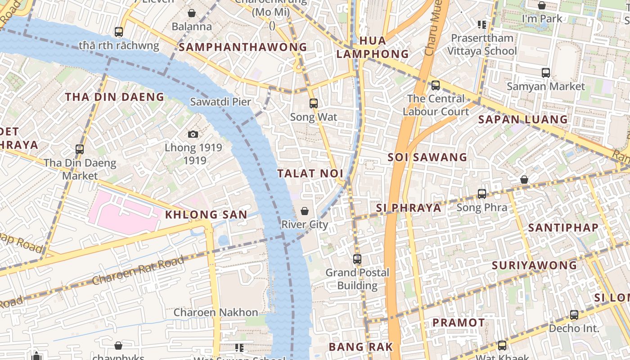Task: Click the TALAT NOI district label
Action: click(x=310, y=173)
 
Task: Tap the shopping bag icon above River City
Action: click(x=305, y=211)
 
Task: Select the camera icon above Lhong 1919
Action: click(x=193, y=134)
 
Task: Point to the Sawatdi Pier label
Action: click(x=220, y=102)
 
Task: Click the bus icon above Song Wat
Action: click(x=314, y=103)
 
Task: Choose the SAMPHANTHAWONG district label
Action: click(x=243, y=47)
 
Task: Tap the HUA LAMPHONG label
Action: click(x=373, y=47)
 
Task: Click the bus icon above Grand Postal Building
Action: click(x=357, y=259)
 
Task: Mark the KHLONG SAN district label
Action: click(x=206, y=215)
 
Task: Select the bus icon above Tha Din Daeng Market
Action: click(x=80, y=149)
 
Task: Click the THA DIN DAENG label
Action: click(x=115, y=97)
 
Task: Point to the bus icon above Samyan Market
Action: click(x=546, y=72)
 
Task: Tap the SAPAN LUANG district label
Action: click(x=523, y=119)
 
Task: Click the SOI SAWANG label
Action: click(x=427, y=157)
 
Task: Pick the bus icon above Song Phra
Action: click(x=482, y=194)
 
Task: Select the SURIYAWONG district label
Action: click(x=534, y=265)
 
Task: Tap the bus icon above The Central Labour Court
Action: click(x=436, y=85)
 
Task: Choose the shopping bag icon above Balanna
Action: click(x=192, y=13)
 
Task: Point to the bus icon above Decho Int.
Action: click(x=574, y=315)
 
